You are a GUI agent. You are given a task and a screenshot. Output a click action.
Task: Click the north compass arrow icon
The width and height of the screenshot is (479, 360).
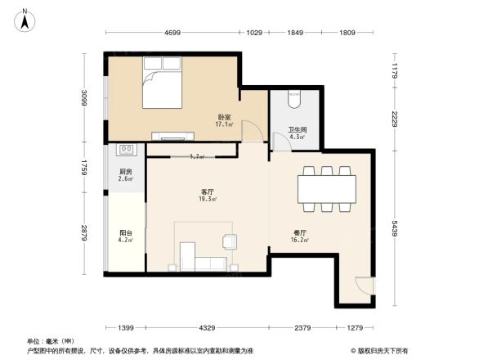click(25, 19)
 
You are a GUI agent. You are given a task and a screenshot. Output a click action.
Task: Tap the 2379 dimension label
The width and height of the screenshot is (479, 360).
click(302, 327)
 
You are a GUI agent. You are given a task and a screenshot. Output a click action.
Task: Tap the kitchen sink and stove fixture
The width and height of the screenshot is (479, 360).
click(128, 150)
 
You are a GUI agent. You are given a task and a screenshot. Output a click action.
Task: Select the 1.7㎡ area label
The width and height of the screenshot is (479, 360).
click(197, 156)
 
